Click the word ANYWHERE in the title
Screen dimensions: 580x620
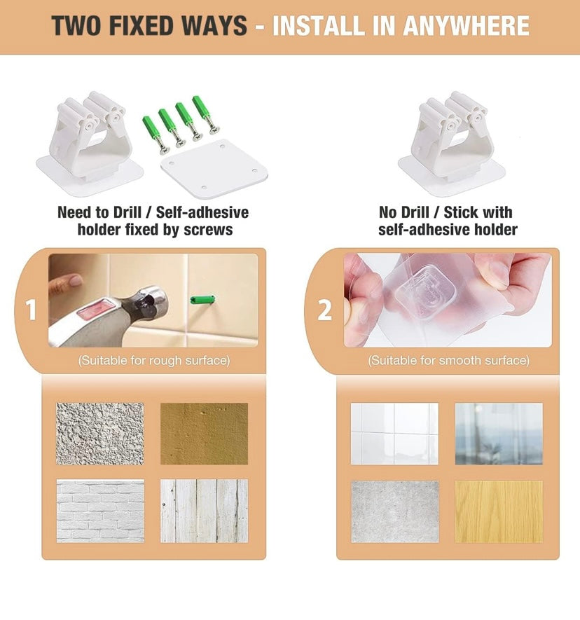[x=466, y=26]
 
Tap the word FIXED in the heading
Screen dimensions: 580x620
[x=141, y=26]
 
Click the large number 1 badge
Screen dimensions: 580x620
[x=31, y=310]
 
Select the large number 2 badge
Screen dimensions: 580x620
[x=325, y=310]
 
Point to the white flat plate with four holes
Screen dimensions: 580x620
[x=214, y=169]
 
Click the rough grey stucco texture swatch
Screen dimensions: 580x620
[x=100, y=434]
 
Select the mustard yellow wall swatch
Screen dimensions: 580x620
[x=204, y=434]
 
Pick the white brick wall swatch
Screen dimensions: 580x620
[x=100, y=511]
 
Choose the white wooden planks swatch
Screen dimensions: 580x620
[x=204, y=511]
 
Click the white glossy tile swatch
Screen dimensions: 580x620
[x=394, y=434]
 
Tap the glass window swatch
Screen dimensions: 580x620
[x=499, y=434]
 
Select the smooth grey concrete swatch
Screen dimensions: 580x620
[x=395, y=511]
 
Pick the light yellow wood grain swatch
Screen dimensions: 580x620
[x=499, y=511]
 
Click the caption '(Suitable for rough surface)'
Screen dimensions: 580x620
[x=154, y=360]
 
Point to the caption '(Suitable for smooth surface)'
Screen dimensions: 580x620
[x=449, y=360]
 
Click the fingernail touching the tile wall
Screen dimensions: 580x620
[x=74, y=281]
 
